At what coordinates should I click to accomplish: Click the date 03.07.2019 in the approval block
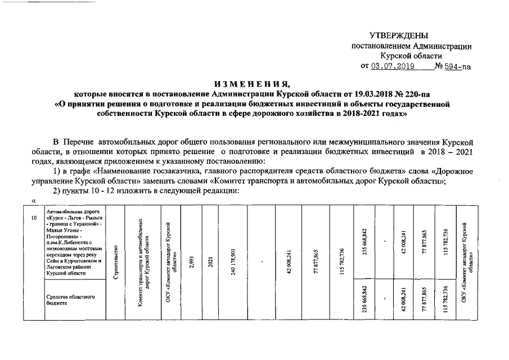(x=392, y=66)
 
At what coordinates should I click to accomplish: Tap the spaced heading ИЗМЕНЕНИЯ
(x=251, y=84)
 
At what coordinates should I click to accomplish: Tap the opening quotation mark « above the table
(x=34, y=201)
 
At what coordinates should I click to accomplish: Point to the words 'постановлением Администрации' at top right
(x=412, y=46)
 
